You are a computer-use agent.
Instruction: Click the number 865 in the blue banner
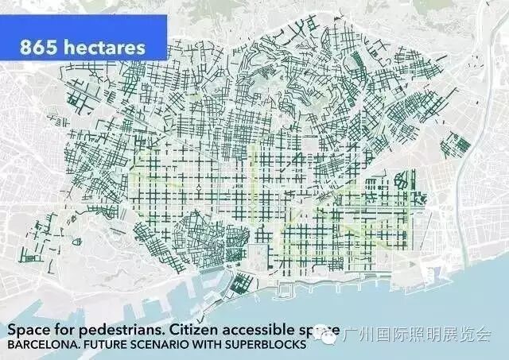point(42,46)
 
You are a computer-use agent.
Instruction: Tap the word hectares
point(107,46)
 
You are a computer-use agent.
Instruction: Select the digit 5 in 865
point(55,46)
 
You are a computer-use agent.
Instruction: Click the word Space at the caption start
point(25,329)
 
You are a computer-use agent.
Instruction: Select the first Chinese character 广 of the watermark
point(344,337)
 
